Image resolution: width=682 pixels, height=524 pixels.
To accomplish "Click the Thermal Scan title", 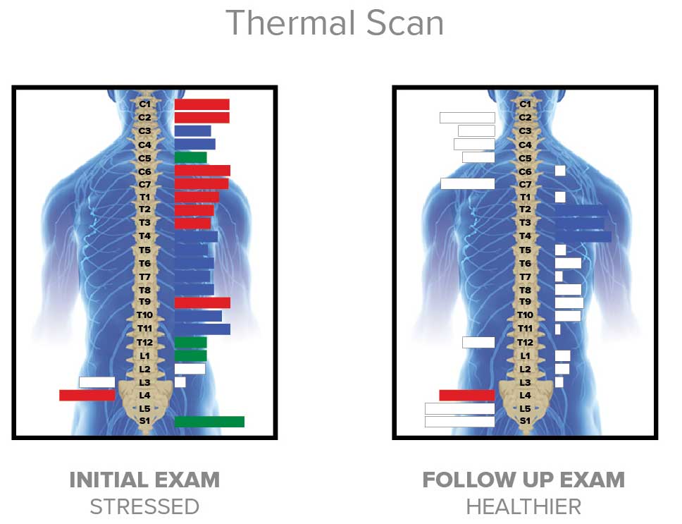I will (335, 23).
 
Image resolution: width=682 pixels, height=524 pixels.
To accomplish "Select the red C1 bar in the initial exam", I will (201, 104).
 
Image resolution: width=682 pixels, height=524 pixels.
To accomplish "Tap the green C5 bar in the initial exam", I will (190, 157).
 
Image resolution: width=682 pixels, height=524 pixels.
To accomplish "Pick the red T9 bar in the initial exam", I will (202, 303).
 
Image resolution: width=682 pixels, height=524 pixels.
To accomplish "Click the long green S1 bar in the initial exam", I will (209, 422).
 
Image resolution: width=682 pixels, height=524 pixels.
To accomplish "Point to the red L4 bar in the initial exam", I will (87, 395).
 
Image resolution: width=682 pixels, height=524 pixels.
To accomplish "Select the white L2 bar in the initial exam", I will (190, 369).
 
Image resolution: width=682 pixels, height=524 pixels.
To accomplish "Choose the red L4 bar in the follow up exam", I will (466, 395).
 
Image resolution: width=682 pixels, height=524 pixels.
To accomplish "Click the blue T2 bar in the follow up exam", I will (581, 210).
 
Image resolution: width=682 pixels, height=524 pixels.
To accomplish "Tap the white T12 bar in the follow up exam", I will (478, 342).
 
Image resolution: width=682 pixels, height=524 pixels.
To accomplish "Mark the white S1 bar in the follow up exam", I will (459, 422).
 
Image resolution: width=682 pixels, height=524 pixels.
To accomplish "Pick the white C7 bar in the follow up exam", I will (467, 183).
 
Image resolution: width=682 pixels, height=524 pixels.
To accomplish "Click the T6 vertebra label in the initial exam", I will (144, 263).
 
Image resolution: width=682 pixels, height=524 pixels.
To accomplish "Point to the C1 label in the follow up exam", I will (525, 104).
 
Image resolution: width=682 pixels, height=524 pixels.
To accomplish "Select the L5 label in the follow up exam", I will (525, 408).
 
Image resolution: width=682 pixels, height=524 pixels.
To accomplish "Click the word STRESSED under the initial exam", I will (144, 506).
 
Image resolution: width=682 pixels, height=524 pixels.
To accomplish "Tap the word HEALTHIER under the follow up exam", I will (523, 506).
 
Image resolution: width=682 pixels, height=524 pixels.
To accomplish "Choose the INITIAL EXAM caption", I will (144, 481).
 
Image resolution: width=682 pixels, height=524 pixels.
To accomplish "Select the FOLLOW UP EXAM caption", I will (523, 481).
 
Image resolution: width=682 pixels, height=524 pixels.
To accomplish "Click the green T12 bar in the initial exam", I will (190, 342).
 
